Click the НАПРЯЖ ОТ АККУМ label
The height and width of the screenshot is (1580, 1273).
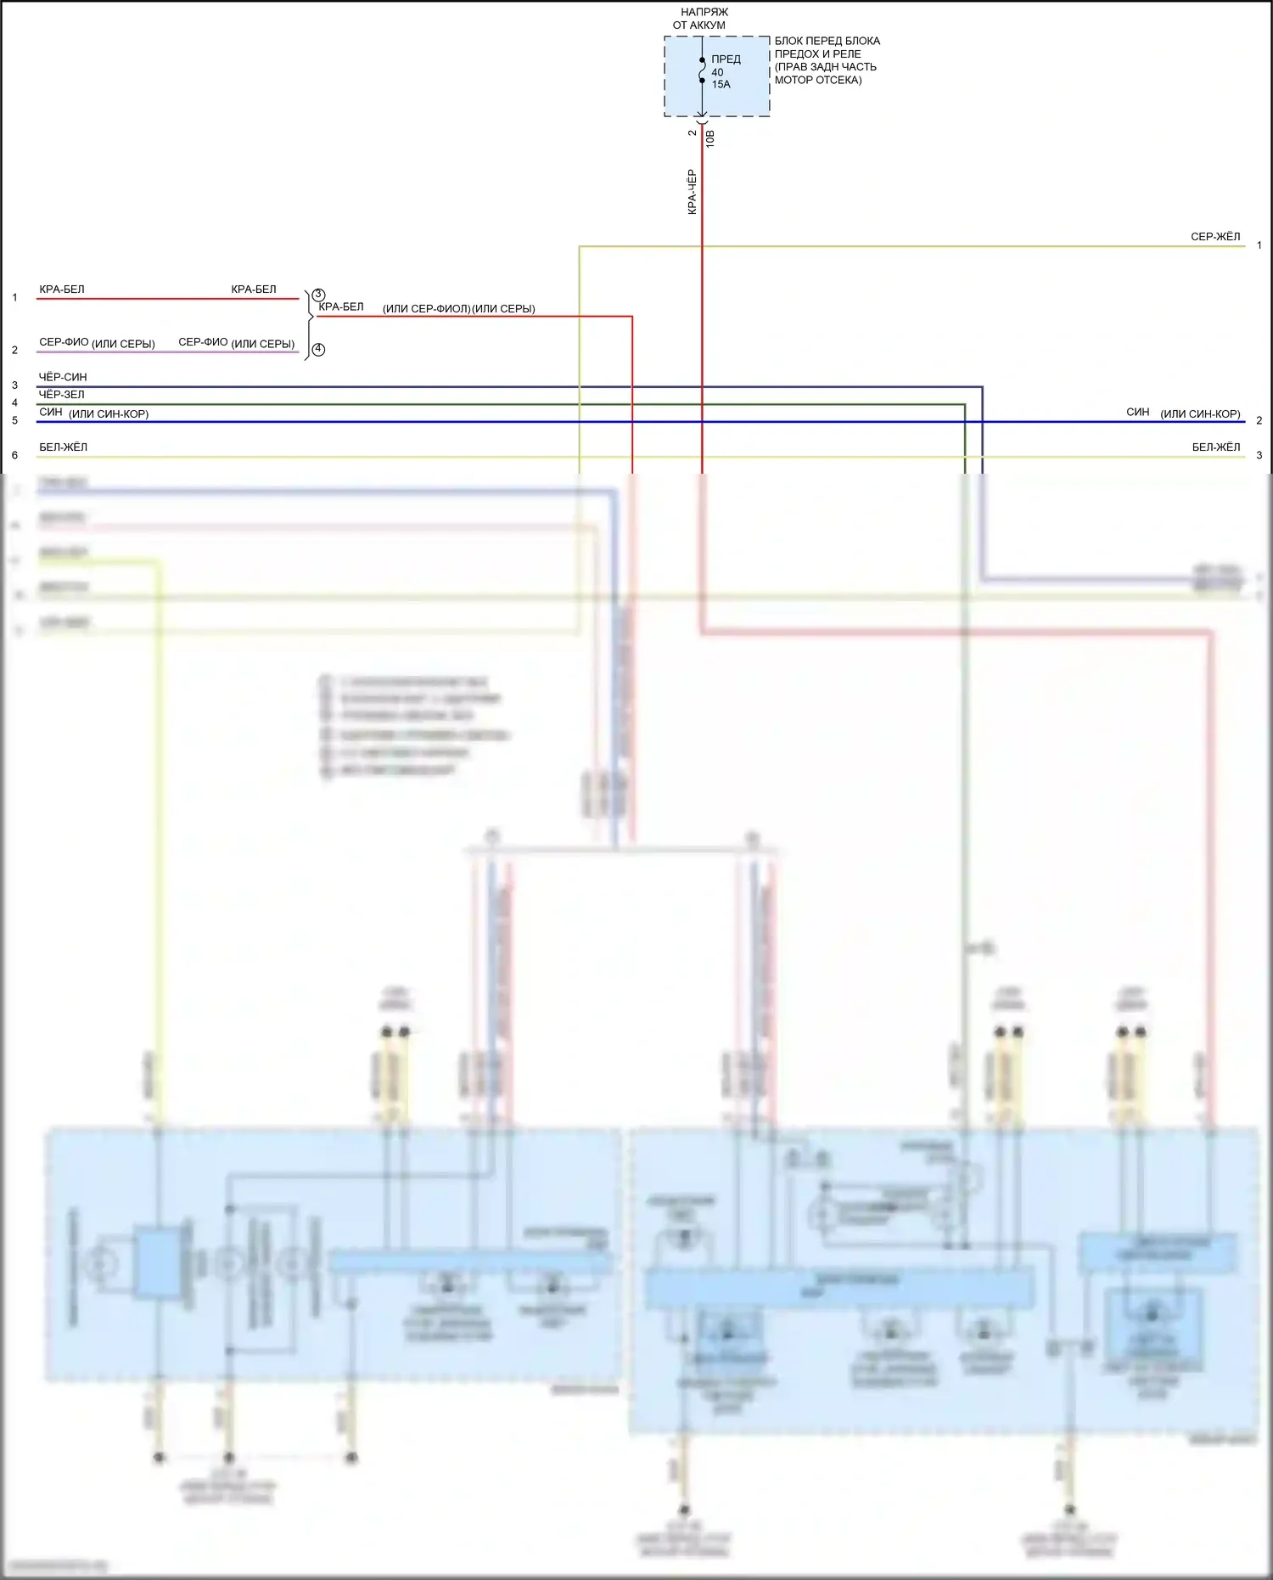point(704,19)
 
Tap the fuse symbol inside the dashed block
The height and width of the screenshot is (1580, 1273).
point(702,70)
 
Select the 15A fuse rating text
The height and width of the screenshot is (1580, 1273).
point(721,84)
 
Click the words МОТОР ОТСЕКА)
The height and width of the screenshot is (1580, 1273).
point(817,80)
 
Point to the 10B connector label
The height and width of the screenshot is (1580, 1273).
point(710,139)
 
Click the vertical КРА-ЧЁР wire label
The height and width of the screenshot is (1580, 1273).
point(692,192)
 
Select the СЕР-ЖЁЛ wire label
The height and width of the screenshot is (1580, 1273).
point(1214,237)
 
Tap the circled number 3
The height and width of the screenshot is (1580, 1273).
point(319,295)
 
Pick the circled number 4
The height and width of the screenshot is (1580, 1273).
point(318,349)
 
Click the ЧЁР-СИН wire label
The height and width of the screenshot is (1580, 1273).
point(63,377)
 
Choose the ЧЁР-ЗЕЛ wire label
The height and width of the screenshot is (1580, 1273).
point(62,394)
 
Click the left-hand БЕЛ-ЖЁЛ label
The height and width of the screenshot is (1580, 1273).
point(63,447)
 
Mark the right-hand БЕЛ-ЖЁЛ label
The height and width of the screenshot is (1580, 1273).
point(1215,447)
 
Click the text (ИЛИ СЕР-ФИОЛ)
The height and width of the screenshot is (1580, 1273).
point(426,309)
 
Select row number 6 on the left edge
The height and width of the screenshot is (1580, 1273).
point(14,455)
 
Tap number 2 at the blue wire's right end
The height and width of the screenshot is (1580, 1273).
point(1259,420)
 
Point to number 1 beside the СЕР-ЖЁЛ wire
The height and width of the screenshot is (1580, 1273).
point(1259,245)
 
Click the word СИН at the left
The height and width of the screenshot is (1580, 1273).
point(51,412)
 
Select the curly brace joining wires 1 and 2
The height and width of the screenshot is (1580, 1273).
point(309,320)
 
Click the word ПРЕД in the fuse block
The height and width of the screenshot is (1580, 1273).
point(726,59)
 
